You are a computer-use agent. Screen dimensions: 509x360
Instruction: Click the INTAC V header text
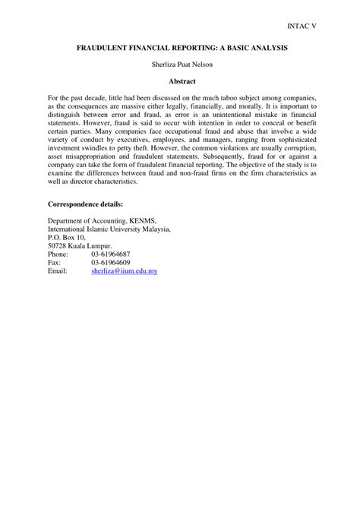click(x=302, y=25)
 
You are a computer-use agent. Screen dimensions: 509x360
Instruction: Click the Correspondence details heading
click(x=85, y=204)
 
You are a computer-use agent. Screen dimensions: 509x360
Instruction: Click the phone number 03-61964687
click(x=111, y=254)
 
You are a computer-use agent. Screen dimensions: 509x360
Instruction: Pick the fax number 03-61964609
click(x=111, y=262)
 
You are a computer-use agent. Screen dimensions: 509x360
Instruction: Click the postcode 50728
click(x=58, y=245)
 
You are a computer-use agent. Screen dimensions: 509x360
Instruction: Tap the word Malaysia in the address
click(x=153, y=229)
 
